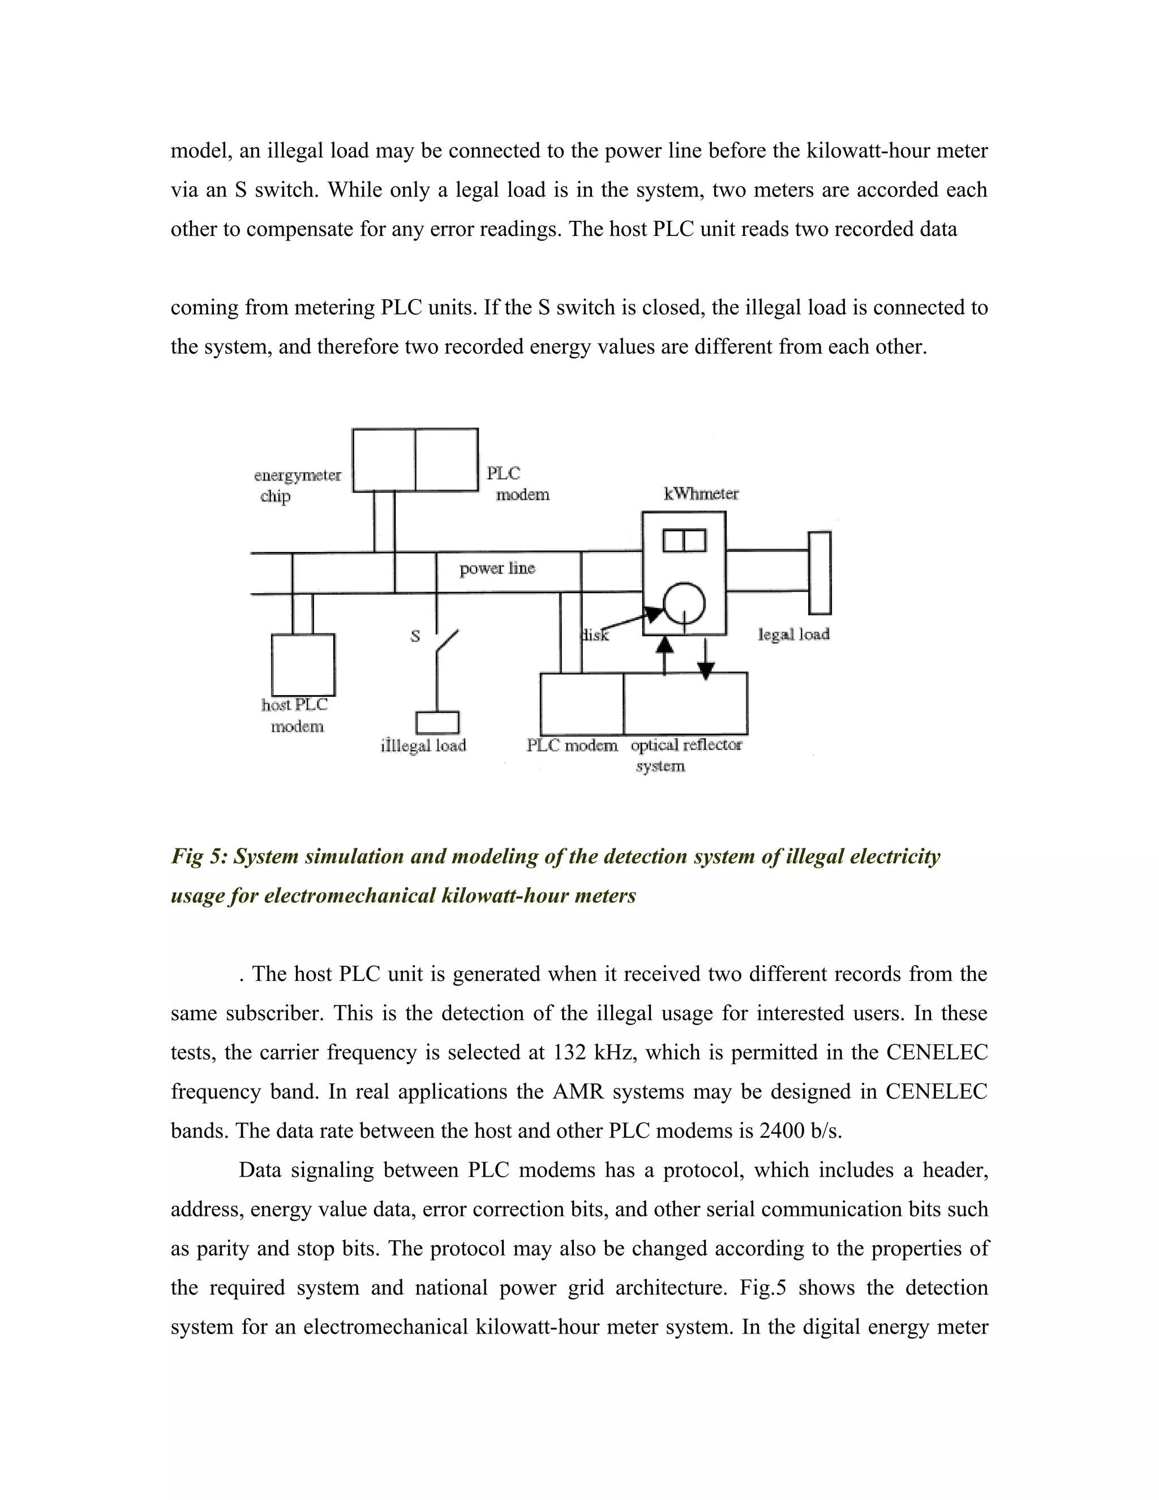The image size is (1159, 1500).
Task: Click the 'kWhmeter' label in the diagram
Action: click(701, 494)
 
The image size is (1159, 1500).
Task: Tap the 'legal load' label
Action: click(794, 634)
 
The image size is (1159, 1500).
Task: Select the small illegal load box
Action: click(437, 722)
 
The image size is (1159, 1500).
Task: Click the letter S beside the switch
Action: click(415, 637)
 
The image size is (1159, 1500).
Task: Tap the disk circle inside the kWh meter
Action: click(684, 603)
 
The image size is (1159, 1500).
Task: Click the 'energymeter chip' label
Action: click(297, 485)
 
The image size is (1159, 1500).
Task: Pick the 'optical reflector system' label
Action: click(685, 755)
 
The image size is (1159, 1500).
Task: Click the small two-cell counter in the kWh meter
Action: click(684, 541)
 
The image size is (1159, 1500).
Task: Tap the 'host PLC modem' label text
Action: click(295, 715)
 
